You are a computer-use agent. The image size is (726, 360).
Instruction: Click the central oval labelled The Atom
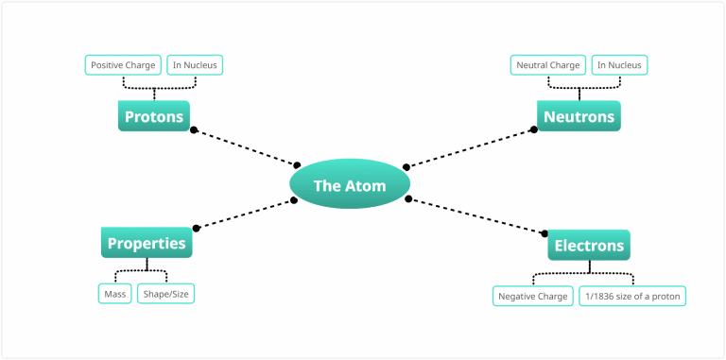(x=350, y=185)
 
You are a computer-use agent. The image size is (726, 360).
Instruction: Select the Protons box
(x=154, y=116)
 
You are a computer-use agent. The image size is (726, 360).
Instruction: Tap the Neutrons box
(x=579, y=116)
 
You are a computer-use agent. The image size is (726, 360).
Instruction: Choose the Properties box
(x=147, y=243)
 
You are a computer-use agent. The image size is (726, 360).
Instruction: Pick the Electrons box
(x=589, y=246)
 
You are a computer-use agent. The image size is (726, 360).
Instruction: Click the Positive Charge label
(x=123, y=65)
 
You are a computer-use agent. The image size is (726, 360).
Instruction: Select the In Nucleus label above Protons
(x=196, y=65)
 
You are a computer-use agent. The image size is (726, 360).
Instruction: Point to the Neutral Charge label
(x=547, y=65)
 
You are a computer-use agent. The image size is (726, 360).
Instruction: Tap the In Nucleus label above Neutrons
(x=621, y=65)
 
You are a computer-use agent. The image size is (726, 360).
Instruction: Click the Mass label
(x=115, y=294)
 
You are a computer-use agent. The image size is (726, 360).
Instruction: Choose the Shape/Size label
(x=166, y=294)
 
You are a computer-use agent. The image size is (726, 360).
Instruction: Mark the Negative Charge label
(x=533, y=296)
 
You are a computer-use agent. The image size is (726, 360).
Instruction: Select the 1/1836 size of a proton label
(x=631, y=296)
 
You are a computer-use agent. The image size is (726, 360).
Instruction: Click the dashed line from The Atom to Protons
(x=246, y=147)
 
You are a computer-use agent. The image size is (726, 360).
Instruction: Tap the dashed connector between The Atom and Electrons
(x=477, y=215)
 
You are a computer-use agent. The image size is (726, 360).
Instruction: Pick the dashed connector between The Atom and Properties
(x=245, y=214)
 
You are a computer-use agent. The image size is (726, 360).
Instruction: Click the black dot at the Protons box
(x=194, y=129)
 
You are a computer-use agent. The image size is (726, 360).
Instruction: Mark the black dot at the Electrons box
(x=545, y=232)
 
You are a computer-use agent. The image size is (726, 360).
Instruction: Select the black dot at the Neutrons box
(x=533, y=129)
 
